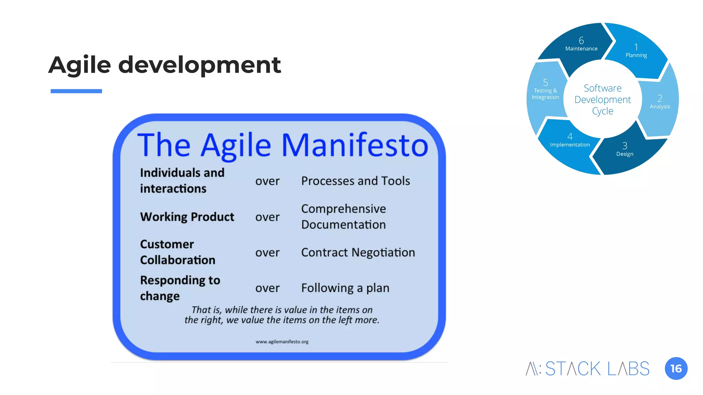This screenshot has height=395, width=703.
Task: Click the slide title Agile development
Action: pos(165,65)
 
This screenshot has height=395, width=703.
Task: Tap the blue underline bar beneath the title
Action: pos(76,91)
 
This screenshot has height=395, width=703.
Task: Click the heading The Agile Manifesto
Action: pos(283,145)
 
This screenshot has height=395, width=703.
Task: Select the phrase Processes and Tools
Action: pos(355,181)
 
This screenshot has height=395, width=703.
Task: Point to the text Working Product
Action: pos(187,217)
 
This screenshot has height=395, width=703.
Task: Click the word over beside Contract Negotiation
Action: pos(267,253)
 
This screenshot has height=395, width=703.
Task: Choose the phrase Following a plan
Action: pos(345,288)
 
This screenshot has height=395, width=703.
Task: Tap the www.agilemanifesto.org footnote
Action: pos(282,342)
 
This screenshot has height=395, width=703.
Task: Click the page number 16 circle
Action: pos(676,369)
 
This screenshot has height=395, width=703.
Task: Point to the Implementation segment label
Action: pos(570,145)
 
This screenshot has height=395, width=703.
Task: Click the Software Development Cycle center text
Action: pos(602,99)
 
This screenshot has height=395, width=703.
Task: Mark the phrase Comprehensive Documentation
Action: pos(343,217)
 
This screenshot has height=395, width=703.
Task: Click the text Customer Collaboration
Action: pos(177,252)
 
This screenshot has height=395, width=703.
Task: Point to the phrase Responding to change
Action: pos(180,288)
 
